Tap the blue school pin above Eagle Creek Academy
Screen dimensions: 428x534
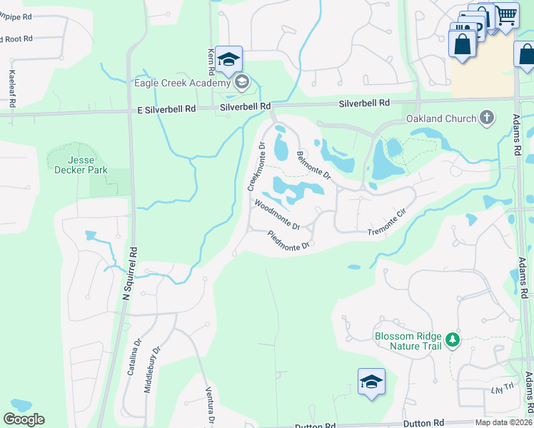[228, 60]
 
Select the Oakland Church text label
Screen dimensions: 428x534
[441, 118]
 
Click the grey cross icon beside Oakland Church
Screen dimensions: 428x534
[487, 118]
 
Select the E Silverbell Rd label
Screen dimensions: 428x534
[167, 109]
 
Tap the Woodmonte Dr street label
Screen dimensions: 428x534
[277, 214]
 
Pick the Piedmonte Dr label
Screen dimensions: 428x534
[288, 240]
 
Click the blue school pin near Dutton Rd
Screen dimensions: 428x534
[371, 382]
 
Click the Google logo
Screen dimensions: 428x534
[24, 419]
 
